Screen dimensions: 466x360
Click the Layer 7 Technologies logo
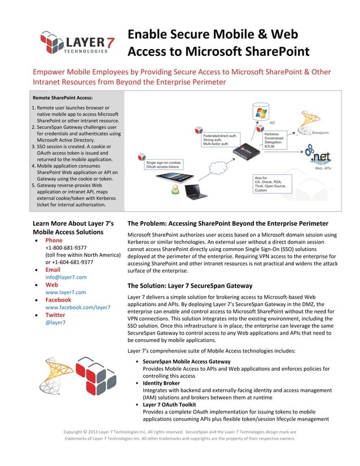[x=73, y=43]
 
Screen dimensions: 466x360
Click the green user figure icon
[x=175, y=192]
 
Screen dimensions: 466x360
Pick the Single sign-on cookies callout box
[x=163, y=165]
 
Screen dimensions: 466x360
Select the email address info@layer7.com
[x=65, y=277]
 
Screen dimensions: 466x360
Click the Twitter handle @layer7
[x=55, y=322]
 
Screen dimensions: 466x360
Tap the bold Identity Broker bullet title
[x=161, y=383]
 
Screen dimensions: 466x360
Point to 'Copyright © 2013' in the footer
[x=86, y=432]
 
